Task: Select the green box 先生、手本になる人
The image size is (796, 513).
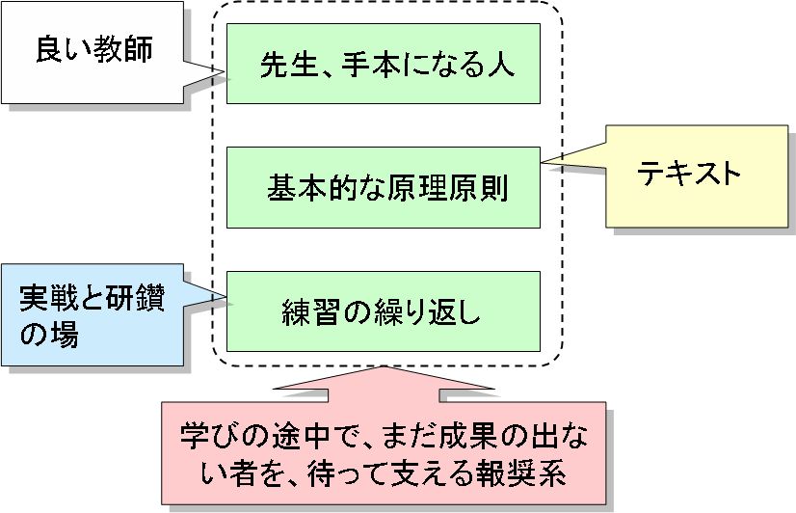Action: [383, 64]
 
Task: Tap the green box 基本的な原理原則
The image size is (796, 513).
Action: [383, 187]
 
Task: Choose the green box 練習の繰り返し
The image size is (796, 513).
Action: [383, 311]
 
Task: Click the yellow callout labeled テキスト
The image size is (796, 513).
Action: [689, 175]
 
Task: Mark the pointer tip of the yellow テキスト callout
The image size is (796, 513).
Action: [542, 161]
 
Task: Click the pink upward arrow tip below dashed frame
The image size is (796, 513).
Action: [384, 367]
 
